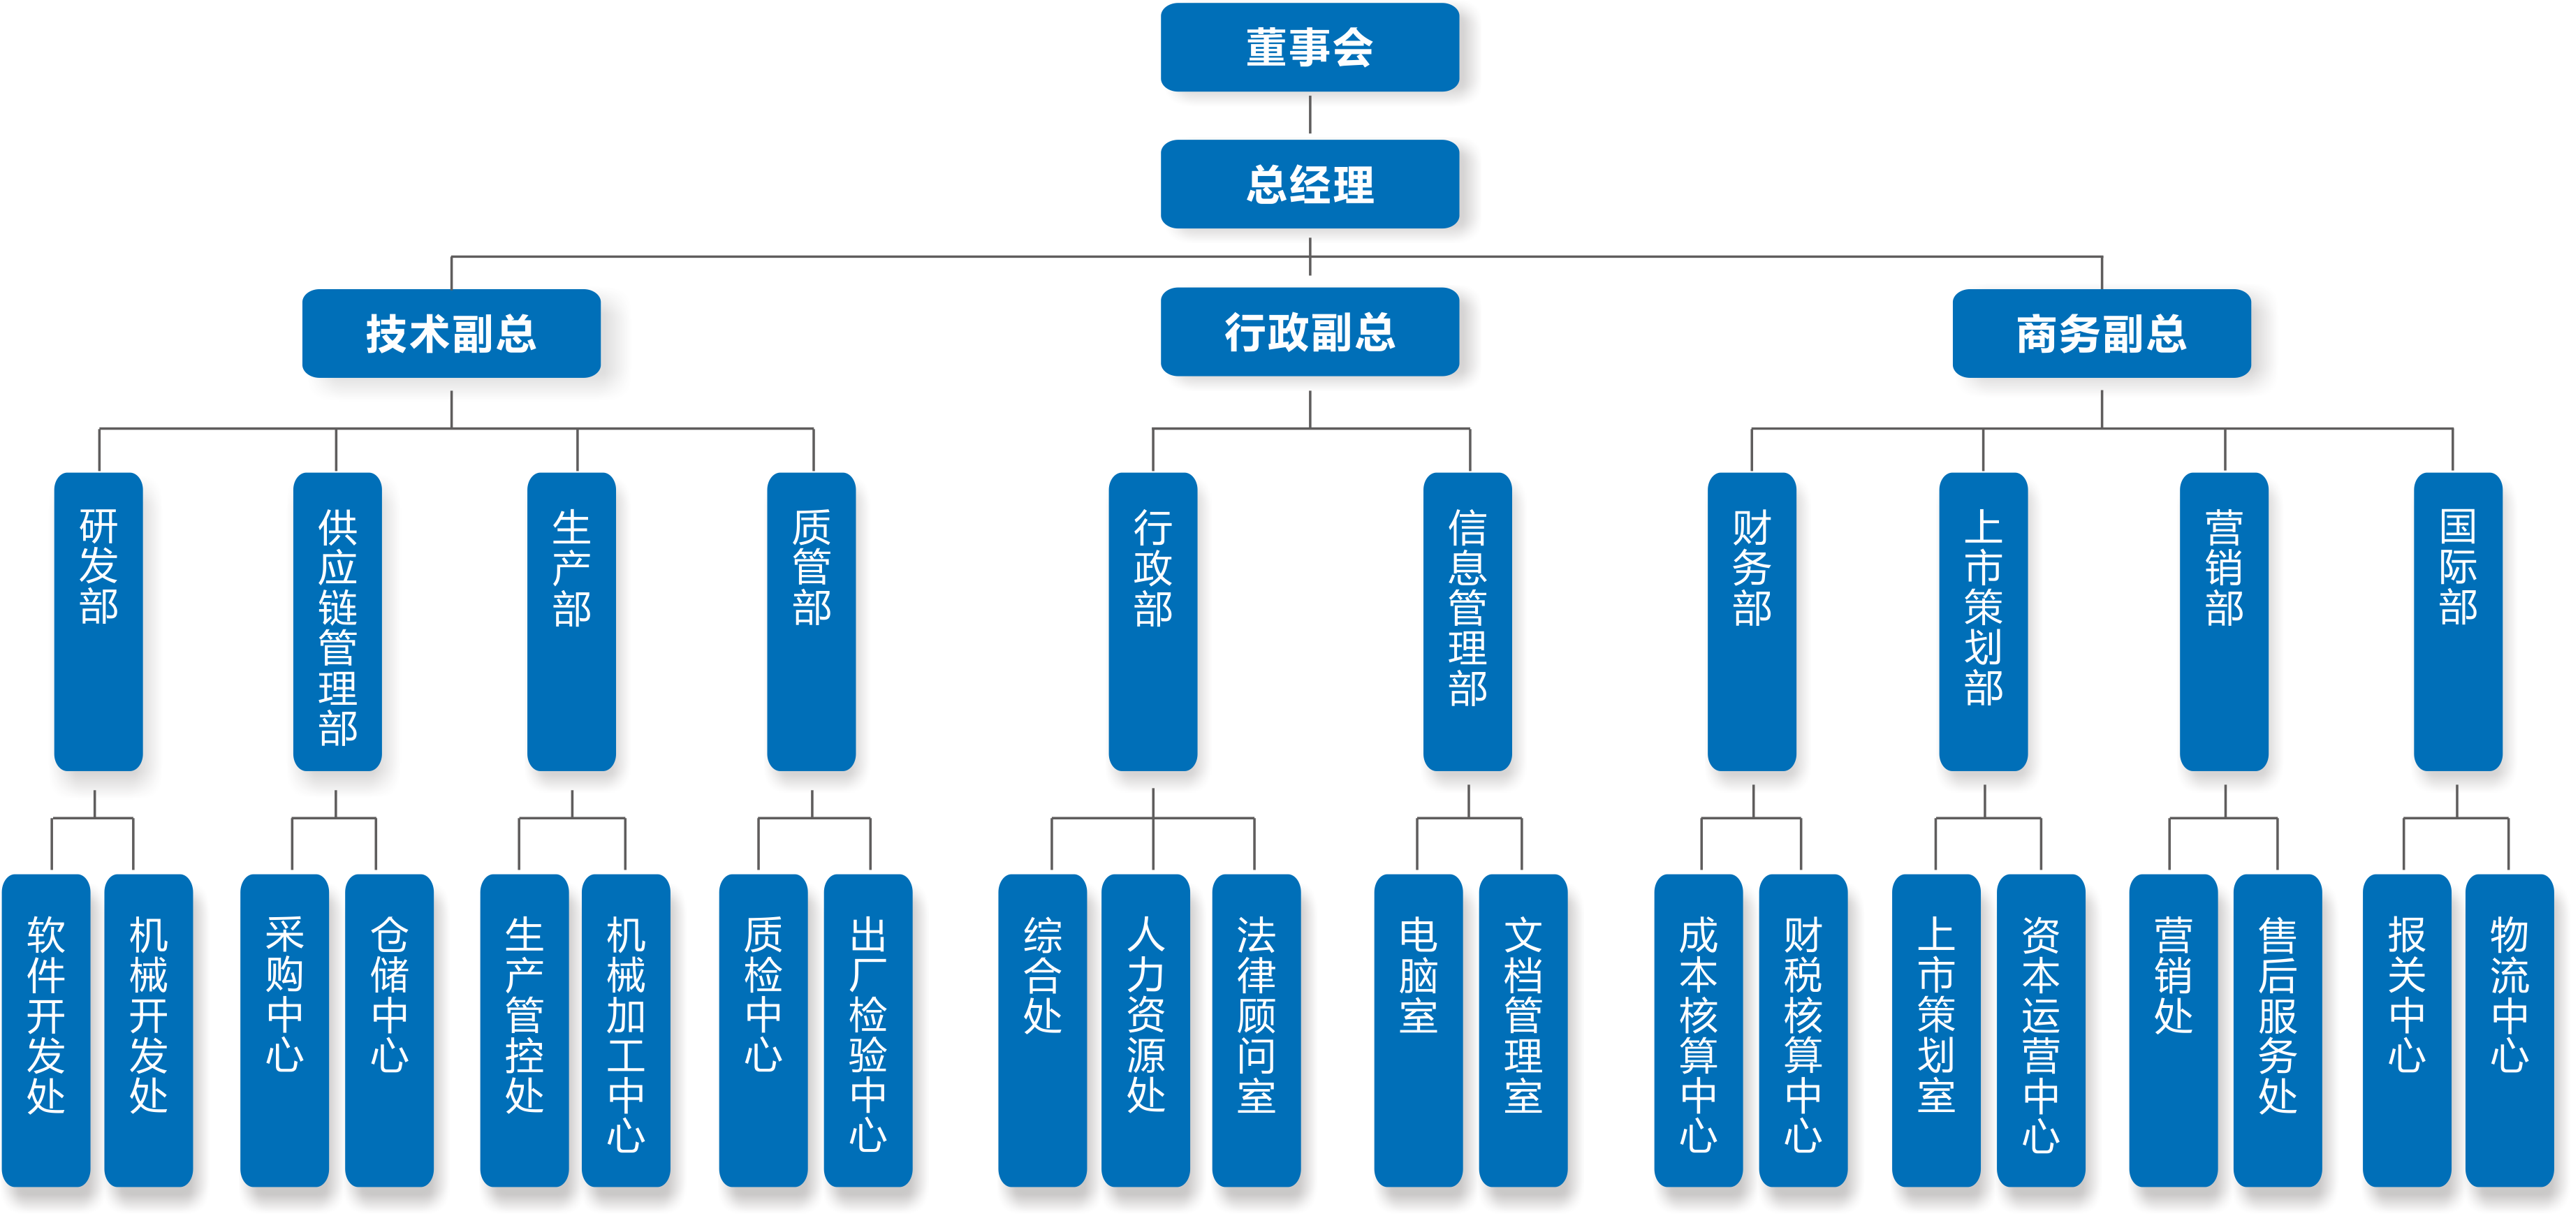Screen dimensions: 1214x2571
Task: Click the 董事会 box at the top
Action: point(1310,48)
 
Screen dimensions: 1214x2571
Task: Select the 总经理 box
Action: point(1310,184)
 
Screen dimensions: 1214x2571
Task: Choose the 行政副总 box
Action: point(1310,332)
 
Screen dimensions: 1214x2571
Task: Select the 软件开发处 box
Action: point(46,1028)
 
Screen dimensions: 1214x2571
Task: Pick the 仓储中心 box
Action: point(389,1028)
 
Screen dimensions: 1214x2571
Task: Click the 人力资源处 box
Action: point(1145,1028)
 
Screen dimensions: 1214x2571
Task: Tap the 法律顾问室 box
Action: point(1256,1028)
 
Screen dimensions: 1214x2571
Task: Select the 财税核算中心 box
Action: point(1803,1028)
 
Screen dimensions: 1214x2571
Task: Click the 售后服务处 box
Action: point(2278,1028)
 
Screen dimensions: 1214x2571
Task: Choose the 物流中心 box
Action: point(2509,1028)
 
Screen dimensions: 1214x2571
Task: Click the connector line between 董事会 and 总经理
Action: point(1310,118)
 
